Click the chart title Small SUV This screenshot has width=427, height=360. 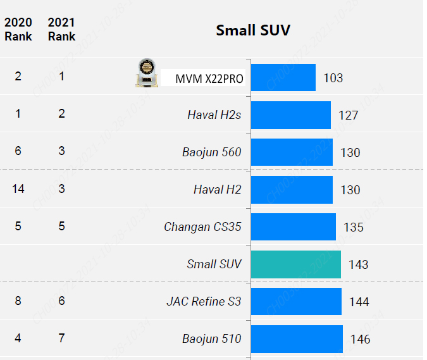(253, 30)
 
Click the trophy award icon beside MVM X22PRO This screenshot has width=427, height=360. (147, 73)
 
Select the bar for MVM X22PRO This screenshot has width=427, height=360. (283, 78)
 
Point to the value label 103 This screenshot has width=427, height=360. (333, 78)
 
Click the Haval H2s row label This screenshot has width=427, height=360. (214, 115)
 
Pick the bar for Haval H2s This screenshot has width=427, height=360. (290, 115)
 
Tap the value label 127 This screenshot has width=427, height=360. (348, 115)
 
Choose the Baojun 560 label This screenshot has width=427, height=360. (211, 152)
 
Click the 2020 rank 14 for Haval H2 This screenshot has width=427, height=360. (18, 189)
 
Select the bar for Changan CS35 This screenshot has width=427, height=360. (293, 227)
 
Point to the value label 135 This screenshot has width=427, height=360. (354, 227)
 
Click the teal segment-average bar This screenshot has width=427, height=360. (295, 264)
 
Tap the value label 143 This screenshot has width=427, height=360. (358, 264)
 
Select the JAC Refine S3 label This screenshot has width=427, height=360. (204, 301)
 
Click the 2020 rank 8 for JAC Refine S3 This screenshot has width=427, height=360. (18, 301)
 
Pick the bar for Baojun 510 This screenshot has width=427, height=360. (297, 339)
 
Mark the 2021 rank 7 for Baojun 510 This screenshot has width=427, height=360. (61, 338)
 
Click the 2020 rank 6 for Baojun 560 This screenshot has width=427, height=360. (18, 151)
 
